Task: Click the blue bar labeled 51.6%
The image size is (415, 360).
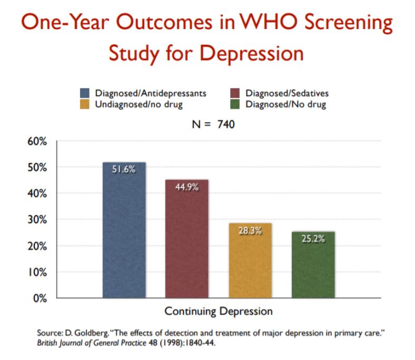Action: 124,232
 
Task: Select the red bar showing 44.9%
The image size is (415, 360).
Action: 186,240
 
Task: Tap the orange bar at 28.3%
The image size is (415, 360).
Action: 250,261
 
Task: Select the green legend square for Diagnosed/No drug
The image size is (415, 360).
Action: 235,104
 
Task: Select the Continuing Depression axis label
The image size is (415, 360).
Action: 219,312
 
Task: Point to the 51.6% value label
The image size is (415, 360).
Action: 124,170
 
